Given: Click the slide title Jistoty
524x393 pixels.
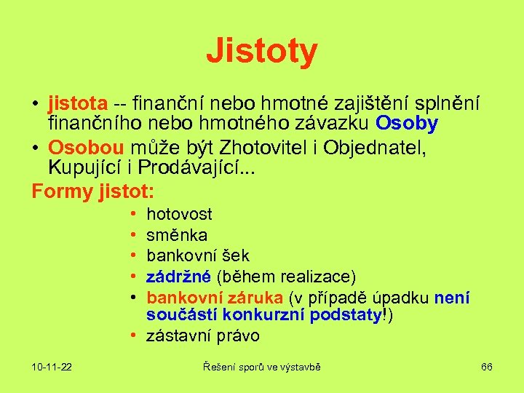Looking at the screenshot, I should (261, 52).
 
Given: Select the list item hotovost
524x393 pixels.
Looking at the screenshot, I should (179, 214).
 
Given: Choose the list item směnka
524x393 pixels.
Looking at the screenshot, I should (177, 235).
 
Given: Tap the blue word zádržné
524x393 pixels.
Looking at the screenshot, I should (178, 276).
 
